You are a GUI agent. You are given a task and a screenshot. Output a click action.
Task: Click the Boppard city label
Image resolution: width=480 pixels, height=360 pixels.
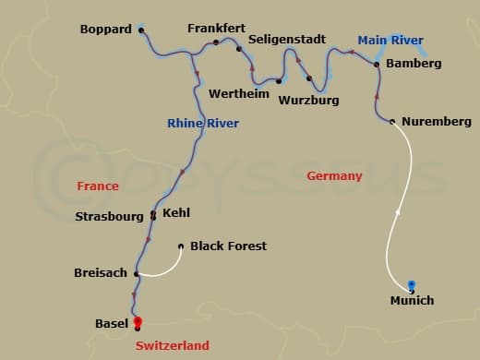106,30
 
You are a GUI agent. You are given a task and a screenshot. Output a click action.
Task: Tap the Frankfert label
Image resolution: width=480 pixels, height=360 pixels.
216,29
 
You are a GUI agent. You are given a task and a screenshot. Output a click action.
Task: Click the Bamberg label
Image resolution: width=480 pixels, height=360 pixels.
414,64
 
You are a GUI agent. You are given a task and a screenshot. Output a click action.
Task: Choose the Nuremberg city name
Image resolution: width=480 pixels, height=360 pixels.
437,122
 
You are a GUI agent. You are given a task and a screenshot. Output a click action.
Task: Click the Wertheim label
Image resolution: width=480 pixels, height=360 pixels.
239,94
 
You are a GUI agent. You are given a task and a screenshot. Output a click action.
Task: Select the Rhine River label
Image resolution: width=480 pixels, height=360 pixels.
203,124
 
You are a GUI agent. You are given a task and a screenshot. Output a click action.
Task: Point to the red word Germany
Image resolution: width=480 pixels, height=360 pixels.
335,176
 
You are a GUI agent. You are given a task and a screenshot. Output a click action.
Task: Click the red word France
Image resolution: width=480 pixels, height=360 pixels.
98,186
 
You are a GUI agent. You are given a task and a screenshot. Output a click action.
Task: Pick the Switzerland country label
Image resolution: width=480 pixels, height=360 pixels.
172,344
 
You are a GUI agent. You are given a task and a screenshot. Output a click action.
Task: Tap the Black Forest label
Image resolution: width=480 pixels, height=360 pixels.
228,246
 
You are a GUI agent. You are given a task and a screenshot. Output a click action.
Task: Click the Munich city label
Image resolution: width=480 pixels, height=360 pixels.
411,301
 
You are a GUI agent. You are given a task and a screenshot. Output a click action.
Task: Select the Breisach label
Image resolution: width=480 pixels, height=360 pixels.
100,273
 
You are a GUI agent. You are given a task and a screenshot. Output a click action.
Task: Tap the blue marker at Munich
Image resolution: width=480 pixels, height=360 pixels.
412,284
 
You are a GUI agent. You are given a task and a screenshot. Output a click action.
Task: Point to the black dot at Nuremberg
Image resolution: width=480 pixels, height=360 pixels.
392,122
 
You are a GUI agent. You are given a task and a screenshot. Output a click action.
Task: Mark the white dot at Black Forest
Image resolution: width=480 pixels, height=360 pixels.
181,246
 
